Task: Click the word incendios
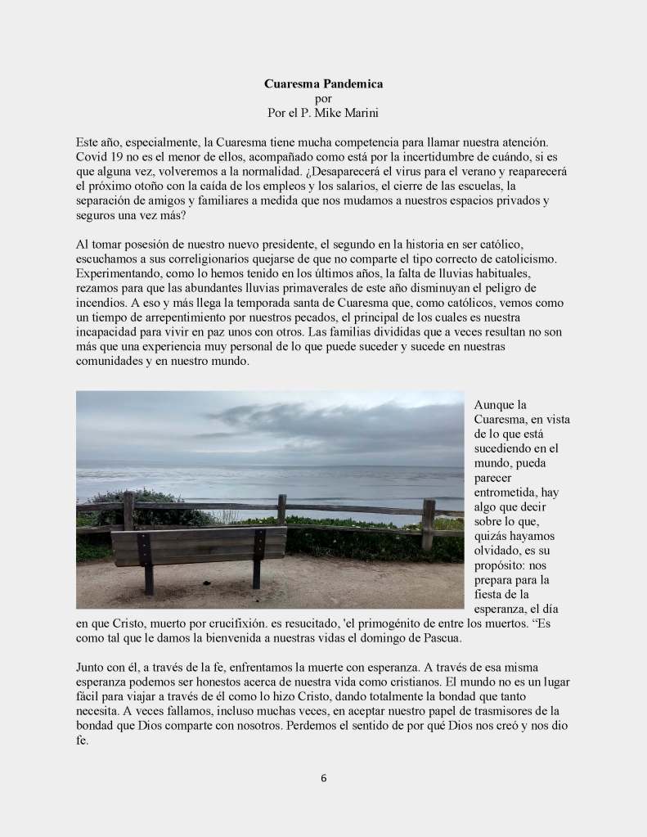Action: click(x=101, y=303)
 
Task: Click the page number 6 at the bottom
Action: click(x=323, y=778)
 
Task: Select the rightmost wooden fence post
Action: click(x=428, y=524)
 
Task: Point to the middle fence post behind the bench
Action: click(x=281, y=509)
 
